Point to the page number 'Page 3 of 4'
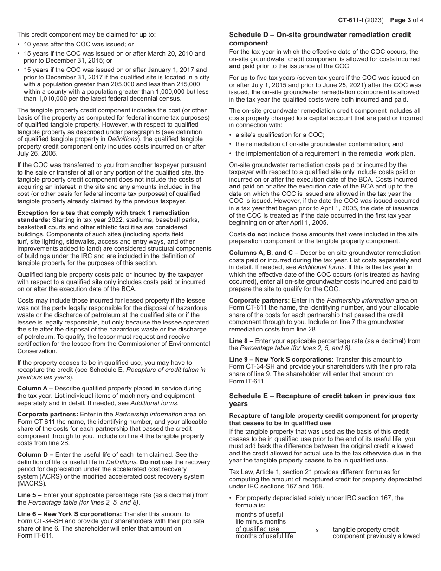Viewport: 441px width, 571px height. click(406, 20)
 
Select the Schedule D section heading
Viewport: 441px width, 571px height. click(320, 39)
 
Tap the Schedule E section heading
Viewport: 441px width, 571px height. click(322, 400)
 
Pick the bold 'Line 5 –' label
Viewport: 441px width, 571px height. click(29, 495)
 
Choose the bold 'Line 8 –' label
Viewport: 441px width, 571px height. click(241, 341)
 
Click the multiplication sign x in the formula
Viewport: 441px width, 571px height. click(317, 530)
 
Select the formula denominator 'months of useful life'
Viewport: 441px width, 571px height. click(264, 536)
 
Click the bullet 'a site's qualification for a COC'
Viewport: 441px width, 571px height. click(280, 135)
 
